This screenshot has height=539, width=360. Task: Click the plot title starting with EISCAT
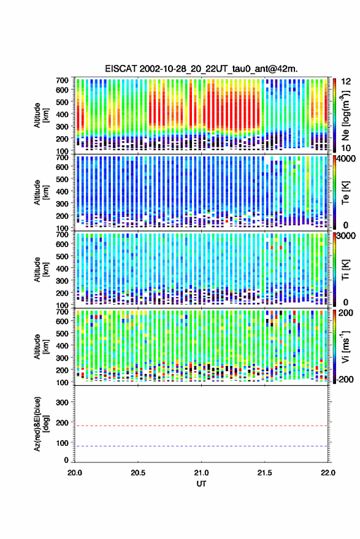[201, 69]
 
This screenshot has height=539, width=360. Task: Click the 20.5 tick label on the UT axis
[138, 473]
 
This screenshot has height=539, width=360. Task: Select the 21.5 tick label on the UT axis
[264, 473]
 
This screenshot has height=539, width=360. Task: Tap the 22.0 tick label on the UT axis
[327, 473]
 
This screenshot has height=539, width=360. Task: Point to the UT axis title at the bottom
[201, 484]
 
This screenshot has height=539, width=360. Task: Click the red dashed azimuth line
[201, 426]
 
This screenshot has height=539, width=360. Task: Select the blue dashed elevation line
[201, 446]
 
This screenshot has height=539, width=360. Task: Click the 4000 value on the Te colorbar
[347, 159]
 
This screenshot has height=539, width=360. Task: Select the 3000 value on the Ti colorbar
[347, 236]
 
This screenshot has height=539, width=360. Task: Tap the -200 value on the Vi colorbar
[345, 379]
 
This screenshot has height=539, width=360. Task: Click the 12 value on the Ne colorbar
[347, 82]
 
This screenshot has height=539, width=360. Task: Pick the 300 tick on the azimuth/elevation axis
[62, 402]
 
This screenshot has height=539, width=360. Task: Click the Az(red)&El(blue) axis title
[41, 424]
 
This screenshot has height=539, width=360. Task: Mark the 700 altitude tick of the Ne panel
[62, 80]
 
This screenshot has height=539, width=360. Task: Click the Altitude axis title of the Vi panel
[41, 346]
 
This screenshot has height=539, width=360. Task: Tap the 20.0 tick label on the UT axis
[75, 473]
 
